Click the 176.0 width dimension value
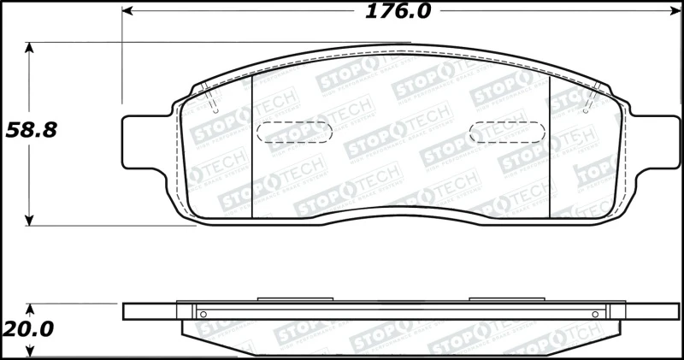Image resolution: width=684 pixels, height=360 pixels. click(398, 11)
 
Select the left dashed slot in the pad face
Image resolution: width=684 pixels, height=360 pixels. click(295, 133)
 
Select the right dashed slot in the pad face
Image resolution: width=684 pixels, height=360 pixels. click(508, 133)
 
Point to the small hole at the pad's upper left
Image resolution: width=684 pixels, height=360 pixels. click(215, 110)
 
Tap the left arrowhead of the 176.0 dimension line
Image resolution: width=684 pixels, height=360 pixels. click(128, 11)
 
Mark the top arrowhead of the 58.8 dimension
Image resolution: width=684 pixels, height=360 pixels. click(32, 48)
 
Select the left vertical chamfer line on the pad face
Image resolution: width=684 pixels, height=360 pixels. click(255, 143)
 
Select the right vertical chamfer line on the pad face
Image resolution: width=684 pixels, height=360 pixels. click(549, 143)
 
